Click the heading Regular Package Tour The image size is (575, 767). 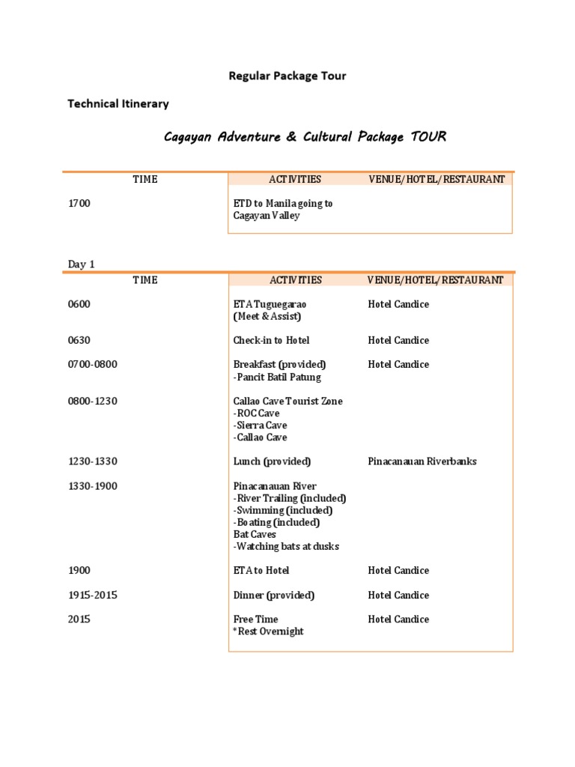(x=287, y=76)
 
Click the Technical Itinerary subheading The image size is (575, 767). (x=118, y=104)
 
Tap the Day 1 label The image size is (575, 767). (x=82, y=264)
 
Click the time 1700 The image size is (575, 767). (x=79, y=204)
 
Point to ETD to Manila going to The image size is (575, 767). (x=283, y=204)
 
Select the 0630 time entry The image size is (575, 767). (x=79, y=341)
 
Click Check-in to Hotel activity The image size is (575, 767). (x=271, y=341)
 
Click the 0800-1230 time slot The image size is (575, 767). (x=93, y=401)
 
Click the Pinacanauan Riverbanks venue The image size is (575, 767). (x=422, y=461)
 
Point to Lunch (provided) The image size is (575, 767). (x=272, y=461)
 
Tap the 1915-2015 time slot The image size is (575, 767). (x=93, y=595)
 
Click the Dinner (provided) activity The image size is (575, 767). (x=274, y=595)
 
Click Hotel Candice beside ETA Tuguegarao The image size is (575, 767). (x=398, y=305)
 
